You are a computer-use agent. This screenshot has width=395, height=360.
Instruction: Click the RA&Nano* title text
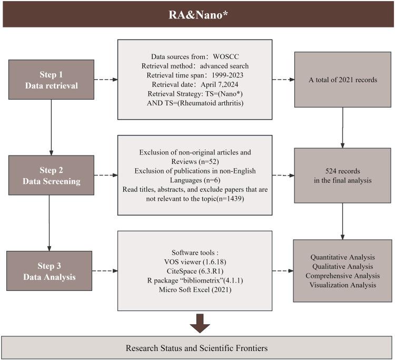(197, 13)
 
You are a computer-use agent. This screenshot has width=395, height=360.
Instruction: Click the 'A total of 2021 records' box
(343, 81)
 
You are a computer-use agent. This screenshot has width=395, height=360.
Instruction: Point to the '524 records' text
(343, 170)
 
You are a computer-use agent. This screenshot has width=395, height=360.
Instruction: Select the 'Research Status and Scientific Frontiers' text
(197, 348)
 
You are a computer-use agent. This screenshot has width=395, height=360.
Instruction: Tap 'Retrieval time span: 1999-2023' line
(195, 75)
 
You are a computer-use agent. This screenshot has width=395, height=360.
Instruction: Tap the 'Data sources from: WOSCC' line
(195, 56)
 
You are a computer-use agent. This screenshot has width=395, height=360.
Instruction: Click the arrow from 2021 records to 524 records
(343, 127)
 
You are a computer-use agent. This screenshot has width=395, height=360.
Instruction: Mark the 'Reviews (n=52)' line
(195, 161)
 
